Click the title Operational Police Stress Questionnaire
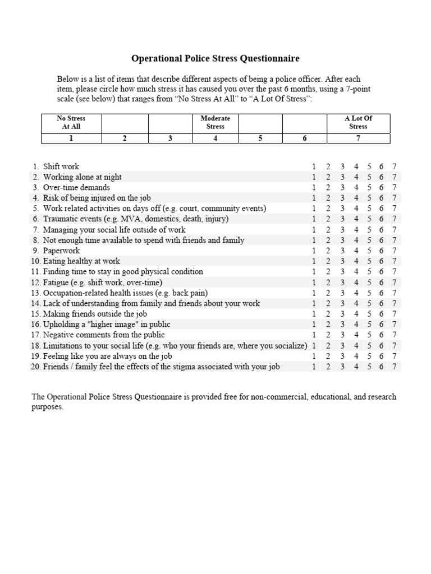215,58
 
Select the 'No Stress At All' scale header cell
71,122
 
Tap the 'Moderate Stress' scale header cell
215,122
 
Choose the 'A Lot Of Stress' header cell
358,122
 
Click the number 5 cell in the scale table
260,139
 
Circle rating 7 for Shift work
395,166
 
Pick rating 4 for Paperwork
356,251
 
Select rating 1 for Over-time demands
314,187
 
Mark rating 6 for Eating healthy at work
382,261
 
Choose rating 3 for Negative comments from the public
342,335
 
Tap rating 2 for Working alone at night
328,177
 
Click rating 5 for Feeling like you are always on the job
369,356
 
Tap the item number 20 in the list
35,367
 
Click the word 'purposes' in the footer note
47,408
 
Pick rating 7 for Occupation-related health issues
395,293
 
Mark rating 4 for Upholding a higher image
356,325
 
